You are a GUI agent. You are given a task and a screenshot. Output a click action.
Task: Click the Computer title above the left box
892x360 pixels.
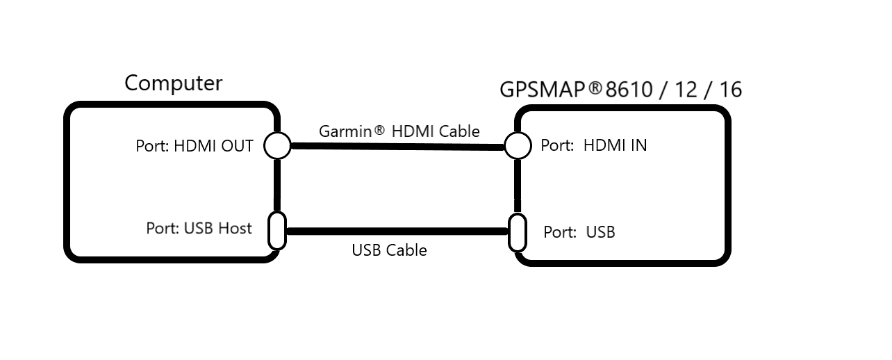pyautogui.click(x=173, y=83)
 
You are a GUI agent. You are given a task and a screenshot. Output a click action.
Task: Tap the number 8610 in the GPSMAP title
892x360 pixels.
pyautogui.click(x=629, y=90)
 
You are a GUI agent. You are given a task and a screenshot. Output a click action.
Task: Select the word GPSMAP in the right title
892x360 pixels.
pyautogui.click(x=543, y=90)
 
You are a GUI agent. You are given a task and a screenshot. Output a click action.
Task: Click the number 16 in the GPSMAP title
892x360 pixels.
pyautogui.click(x=731, y=90)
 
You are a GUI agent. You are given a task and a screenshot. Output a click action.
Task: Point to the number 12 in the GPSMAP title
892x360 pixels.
pyautogui.click(x=686, y=90)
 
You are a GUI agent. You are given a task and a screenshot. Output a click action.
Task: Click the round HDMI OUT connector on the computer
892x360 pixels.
pyautogui.click(x=277, y=145)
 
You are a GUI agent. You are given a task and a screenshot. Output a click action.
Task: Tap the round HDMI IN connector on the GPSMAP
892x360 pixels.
pyautogui.click(x=518, y=145)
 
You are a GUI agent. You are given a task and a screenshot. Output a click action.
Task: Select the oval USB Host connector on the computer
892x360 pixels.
pyautogui.click(x=277, y=231)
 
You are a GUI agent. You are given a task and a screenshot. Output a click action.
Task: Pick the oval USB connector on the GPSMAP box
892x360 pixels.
pyautogui.click(x=518, y=233)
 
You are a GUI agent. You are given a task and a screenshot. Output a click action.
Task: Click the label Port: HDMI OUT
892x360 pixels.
pyautogui.click(x=195, y=146)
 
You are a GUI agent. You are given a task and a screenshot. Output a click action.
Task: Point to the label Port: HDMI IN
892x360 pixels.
pyautogui.click(x=594, y=145)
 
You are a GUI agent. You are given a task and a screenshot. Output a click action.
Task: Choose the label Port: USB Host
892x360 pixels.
pyautogui.click(x=199, y=229)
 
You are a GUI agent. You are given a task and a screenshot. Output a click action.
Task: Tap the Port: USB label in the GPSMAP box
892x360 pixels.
pyautogui.click(x=579, y=232)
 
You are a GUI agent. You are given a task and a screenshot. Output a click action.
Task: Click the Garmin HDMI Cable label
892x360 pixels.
pyautogui.click(x=399, y=131)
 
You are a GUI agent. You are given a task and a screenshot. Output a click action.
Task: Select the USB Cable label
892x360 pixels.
pyautogui.click(x=390, y=250)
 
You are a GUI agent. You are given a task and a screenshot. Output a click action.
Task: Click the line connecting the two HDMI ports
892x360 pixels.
pyautogui.click(x=398, y=147)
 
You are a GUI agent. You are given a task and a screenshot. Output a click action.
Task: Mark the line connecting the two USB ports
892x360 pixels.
pyautogui.click(x=397, y=231)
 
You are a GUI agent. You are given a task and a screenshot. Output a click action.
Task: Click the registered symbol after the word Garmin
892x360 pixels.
pyautogui.click(x=379, y=129)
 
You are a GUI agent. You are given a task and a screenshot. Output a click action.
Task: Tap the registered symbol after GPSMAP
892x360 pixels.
pyautogui.click(x=595, y=88)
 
